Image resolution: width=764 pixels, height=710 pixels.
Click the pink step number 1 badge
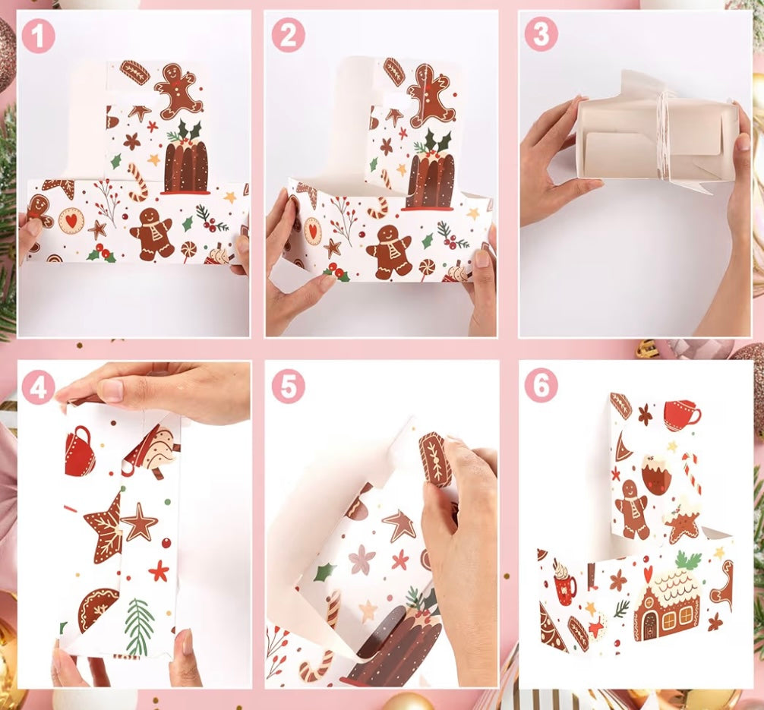(x=38, y=36)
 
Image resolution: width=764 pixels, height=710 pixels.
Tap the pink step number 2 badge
(x=288, y=36)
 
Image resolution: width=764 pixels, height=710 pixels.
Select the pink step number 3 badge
(x=541, y=35)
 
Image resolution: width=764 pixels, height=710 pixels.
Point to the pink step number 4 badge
(x=38, y=387)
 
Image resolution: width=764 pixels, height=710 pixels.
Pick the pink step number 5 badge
(x=288, y=387)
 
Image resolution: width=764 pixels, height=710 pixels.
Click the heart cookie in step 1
(x=71, y=221)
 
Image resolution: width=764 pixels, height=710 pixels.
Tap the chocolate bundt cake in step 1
(x=186, y=164)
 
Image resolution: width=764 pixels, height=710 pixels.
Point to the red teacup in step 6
(x=682, y=415)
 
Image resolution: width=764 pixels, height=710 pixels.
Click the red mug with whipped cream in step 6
(x=565, y=582)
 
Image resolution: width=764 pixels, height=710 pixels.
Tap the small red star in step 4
(x=159, y=571)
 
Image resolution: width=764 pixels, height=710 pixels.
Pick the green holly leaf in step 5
(x=325, y=573)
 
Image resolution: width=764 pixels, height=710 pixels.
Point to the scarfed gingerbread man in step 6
(x=631, y=510)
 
